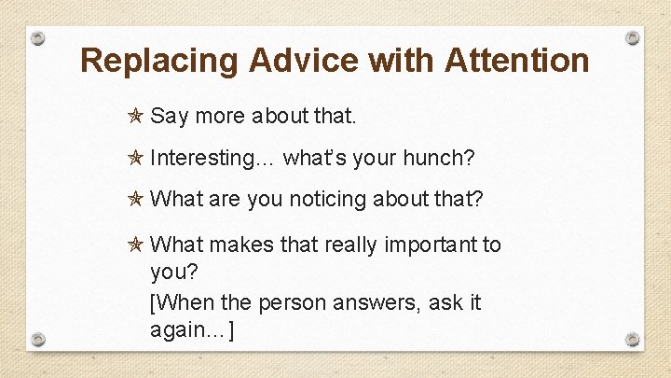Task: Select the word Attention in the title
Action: [x=517, y=61]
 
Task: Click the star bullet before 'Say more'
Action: [x=135, y=117]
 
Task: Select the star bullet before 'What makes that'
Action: [x=135, y=245]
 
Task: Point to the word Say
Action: [x=170, y=118]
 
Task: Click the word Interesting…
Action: [x=212, y=159]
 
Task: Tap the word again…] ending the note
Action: [x=192, y=330]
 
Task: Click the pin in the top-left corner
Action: [x=37, y=38]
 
